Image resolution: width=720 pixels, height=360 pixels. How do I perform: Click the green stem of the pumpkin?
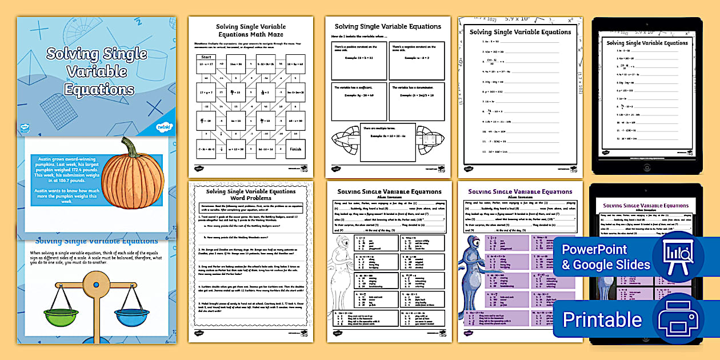coord(130,147)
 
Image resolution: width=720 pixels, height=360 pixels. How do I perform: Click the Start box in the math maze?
coord(207,57)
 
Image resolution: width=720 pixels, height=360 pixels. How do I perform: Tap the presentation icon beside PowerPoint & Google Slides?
coord(677,257)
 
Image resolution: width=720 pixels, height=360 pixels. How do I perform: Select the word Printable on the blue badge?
coord(602,319)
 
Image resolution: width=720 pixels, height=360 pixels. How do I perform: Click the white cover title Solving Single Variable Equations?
coord(96,72)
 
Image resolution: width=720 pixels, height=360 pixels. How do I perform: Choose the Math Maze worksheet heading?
coord(250,30)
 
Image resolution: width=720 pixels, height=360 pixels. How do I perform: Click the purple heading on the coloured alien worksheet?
coord(520,192)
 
